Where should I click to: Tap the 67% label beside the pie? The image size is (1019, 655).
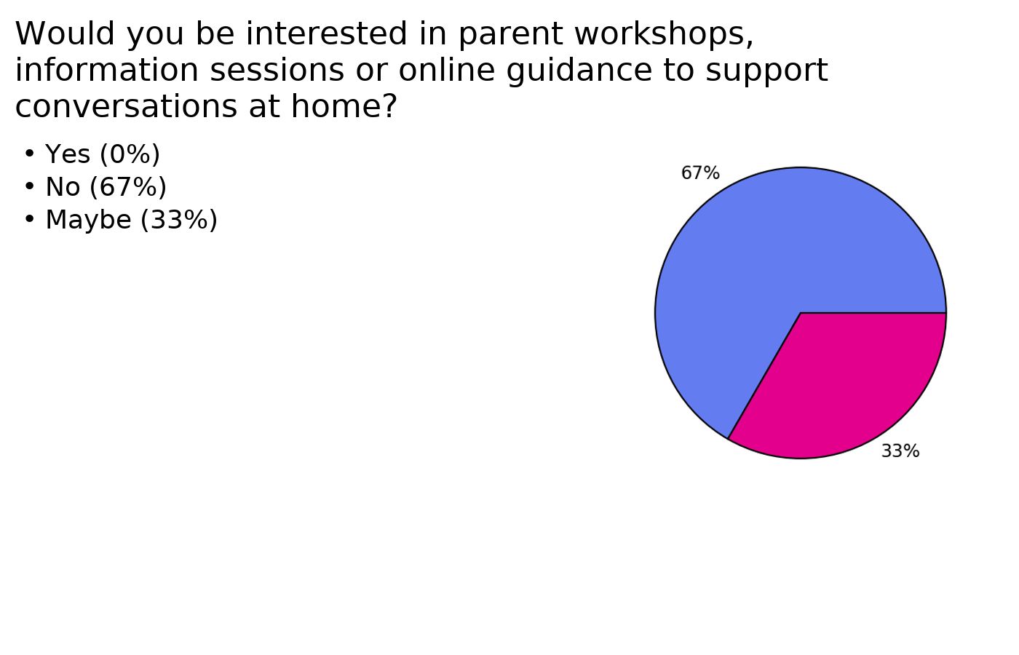coord(700,173)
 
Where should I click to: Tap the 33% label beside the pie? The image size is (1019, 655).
coord(900,451)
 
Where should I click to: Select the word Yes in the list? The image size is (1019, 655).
coord(68,154)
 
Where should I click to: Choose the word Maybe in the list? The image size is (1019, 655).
coord(89,220)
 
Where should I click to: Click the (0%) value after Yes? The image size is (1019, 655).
coord(130,154)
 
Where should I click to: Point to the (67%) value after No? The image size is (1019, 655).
coord(128,187)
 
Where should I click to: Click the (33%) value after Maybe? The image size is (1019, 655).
coord(179,220)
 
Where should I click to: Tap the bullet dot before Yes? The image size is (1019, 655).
coord(30,154)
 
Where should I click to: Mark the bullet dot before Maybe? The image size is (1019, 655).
coord(30,219)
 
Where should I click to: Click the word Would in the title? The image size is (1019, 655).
coord(65,33)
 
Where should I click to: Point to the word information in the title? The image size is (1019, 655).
coord(107,70)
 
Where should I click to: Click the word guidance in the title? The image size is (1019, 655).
coord(579,71)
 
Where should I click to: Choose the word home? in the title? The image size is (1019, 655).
coord(344,106)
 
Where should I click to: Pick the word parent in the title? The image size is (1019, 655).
coord(511,36)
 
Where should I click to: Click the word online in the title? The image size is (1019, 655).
coord(447,70)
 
